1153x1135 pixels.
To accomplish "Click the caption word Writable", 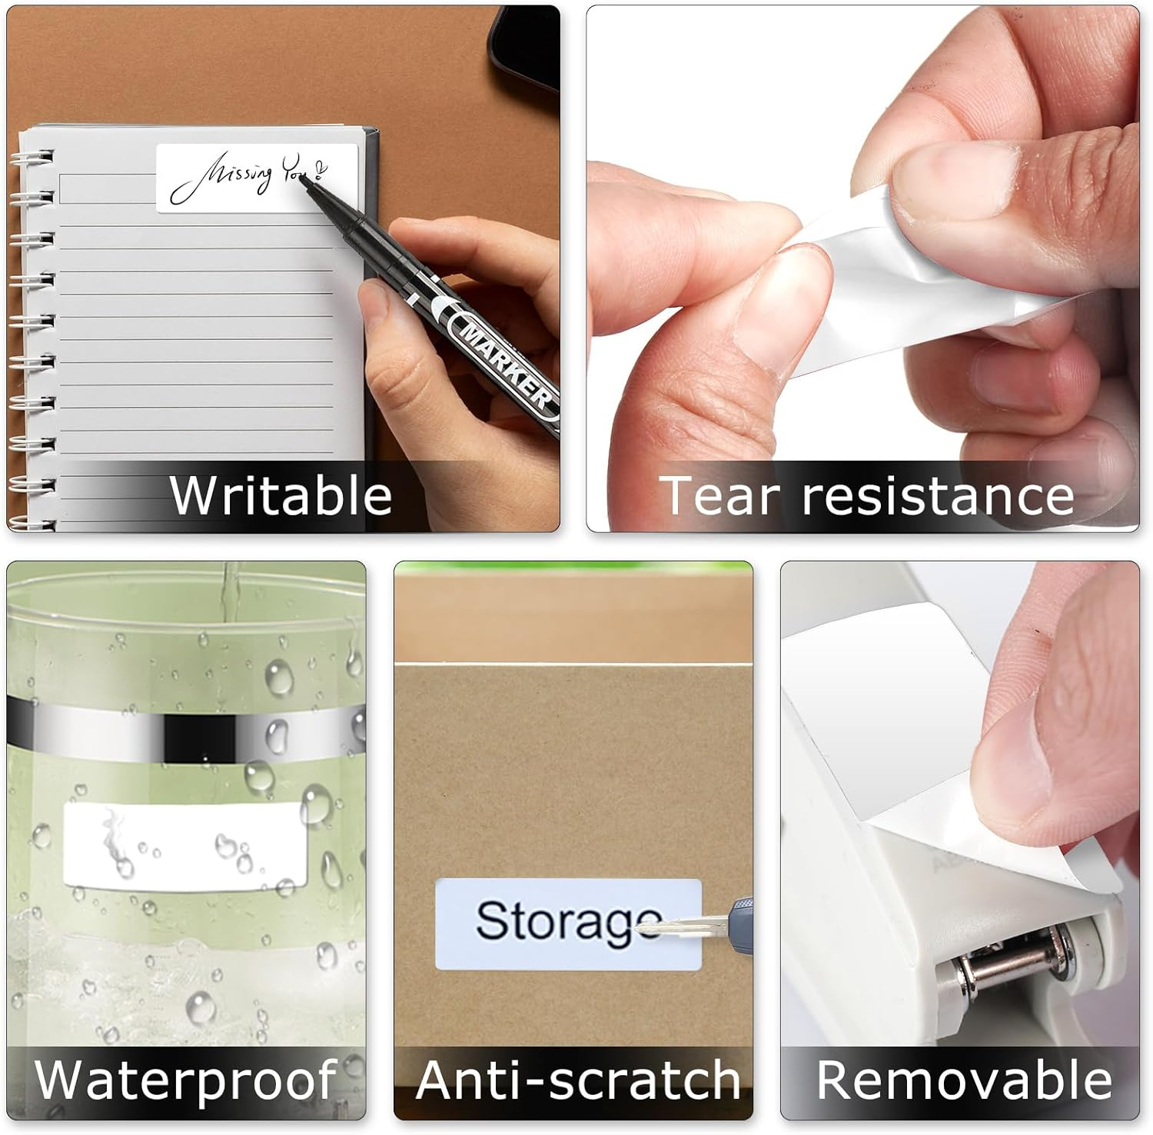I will point(281,495).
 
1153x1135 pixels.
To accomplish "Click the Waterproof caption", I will point(185,1080).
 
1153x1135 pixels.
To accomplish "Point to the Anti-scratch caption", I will point(577,1080).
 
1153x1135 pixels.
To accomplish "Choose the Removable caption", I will point(964,1080).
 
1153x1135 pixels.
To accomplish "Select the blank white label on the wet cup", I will point(184,846).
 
